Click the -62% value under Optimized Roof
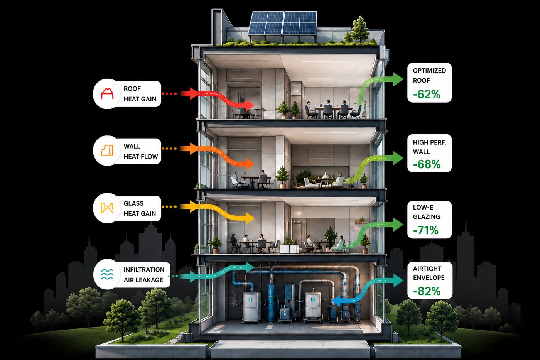click(x=427, y=94)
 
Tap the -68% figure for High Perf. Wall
click(x=427, y=164)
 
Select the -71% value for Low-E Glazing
click(x=425, y=230)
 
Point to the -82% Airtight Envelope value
click(x=427, y=291)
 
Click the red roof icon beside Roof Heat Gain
click(x=107, y=93)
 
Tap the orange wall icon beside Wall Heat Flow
click(x=107, y=150)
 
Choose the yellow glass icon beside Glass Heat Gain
click(x=107, y=208)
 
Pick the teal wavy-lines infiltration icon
click(x=107, y=274)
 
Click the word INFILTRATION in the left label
click(x=144, y=270)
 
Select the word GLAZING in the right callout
click(x=426, y=217)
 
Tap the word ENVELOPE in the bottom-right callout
click(x=429, y=278)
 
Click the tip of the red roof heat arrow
click(x=254, y=106)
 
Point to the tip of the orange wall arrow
click(x=254, y=164)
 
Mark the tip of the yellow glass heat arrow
click(x=254, y=218)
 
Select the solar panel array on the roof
click(x=282, y=23)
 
